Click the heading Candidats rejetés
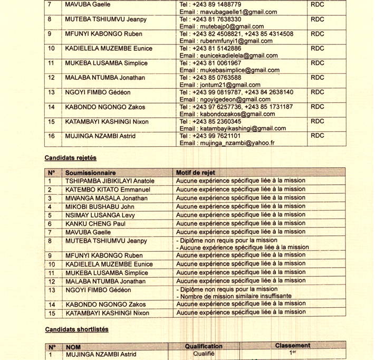pyautogui.click(x=70, y=157)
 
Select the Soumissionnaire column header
pyautogui.click(x=90, y=172)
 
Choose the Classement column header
pyautogui.click(x=293, y=346)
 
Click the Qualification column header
pyautogui.click(x=204, y=346)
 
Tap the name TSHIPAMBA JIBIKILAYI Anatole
pyautogui.click(x=110, y=181)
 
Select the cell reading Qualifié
pyautogui.click(x=204, y=355)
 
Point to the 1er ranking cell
pyautogui.click(x=293, y=354)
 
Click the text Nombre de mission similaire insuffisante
pyautogui.click(x=234, y=296)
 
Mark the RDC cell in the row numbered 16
pyautogui.click(x=318, y=135)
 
